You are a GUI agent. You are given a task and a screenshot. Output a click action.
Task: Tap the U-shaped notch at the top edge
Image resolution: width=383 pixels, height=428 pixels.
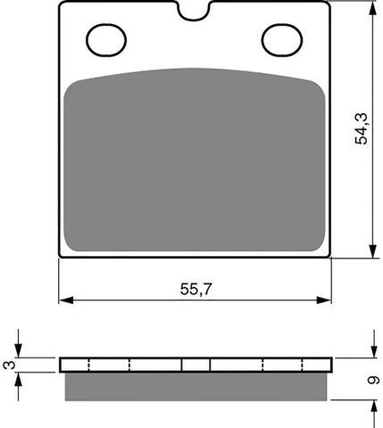pos(196,13)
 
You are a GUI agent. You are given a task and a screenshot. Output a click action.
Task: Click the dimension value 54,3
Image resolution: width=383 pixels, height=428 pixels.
pos(361,129)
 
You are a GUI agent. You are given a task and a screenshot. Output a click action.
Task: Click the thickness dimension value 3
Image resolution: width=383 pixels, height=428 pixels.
pos(10,365)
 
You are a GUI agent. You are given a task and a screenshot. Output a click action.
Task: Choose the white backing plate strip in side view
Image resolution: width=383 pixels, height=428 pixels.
pos(195,365)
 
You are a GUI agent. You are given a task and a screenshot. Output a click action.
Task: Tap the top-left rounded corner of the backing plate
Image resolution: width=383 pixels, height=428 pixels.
pos(62,6)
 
